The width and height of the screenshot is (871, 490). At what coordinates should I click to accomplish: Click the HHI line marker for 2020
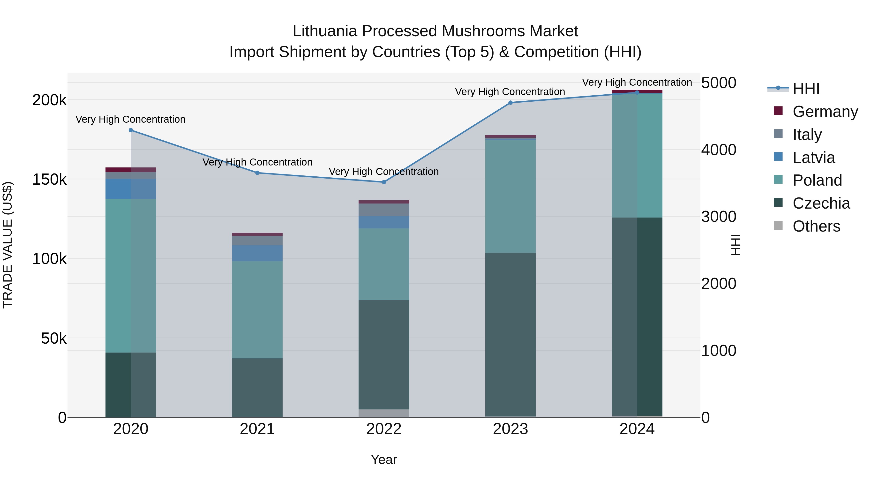[x=131, y=130]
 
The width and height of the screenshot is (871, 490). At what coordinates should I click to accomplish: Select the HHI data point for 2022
[x=384, y=182]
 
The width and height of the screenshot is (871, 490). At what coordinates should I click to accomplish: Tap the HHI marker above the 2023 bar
[x=511, y=103]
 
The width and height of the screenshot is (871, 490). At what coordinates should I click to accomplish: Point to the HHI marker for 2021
[x=257, y=173]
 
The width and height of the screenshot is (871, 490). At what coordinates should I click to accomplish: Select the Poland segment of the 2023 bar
[x=511, y=196]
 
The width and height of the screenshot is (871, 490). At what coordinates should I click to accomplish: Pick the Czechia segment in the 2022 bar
[x=384, y=354]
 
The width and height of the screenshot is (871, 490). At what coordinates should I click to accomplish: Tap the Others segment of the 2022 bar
[x=384, y=413]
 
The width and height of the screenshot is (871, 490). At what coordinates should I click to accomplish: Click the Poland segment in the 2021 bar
[x=257, y=309]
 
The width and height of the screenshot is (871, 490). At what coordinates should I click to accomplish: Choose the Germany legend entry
[x=825, y=112]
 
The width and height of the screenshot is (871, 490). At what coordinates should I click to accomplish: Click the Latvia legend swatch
[x=778, y=157]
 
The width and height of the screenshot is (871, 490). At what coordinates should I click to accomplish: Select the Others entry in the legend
[x=816, y=226]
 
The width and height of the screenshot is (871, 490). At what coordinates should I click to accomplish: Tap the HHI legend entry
[x=806, y=89]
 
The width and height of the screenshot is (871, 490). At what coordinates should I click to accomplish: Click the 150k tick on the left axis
[x=49, y=180]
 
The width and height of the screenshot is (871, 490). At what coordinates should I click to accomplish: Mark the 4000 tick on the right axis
[x=719, y=150]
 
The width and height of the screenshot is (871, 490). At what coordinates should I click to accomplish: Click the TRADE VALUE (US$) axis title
[x=8, y=245]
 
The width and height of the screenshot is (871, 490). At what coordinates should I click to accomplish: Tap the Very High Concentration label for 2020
[x=130, y=119]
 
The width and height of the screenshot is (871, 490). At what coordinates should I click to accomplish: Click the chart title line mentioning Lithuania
[x=435, y=31]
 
